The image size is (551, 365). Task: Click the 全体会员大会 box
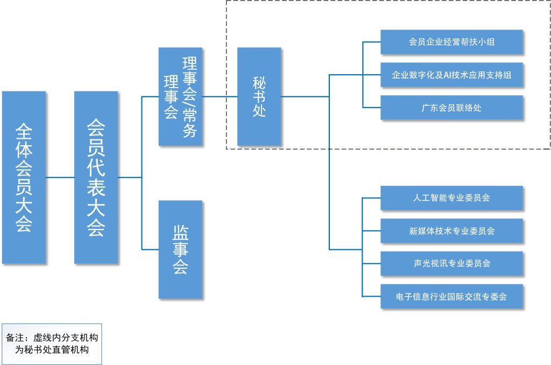(x=24, y=177)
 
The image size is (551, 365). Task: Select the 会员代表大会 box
(x=96, y=177)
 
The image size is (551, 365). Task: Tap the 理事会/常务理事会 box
(x=180, y=97)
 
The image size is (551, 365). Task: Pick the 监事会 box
(x=180, y=249)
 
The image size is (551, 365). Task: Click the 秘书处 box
(x=259, y=97)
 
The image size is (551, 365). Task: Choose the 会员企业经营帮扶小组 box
(x=451, y=42)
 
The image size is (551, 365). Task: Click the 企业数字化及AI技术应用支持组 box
(x=451, y=75)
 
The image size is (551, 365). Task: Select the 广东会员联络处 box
(x=451, y=108)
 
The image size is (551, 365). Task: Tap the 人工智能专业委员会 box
(x=451, y=198)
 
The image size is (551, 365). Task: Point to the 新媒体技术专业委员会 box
(x=451, y=231)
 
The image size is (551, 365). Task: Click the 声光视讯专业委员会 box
(x=451, y=263)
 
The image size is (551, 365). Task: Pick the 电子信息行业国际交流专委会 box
(x=451, y=296)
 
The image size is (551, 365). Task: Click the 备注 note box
(x=52, y=343)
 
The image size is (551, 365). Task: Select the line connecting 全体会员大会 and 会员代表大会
(x=60, y=177)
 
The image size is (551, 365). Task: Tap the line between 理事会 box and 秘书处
(x=220, y=97)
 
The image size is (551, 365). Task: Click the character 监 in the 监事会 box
(x=180, y=233)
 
